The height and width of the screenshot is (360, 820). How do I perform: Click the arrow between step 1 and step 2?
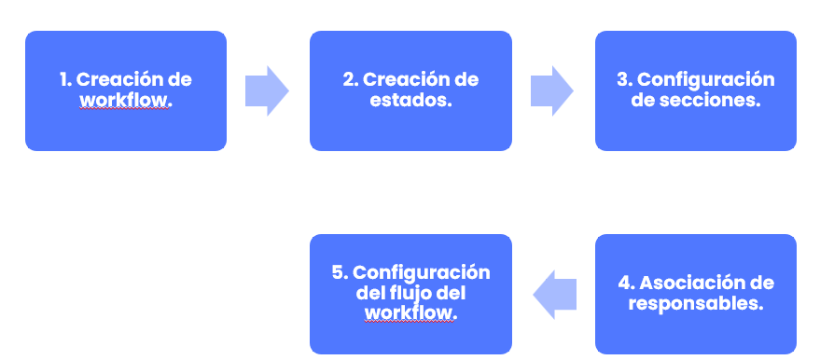tap(267, 90)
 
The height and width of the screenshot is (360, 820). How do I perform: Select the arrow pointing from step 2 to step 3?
tap(551, 90)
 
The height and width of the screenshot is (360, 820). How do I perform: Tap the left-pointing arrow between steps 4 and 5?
tap(554, 295)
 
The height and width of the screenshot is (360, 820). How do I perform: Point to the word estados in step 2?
tap(410, 100)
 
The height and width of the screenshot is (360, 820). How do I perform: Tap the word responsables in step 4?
tap(696, 303)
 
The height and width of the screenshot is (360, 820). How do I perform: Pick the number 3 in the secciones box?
tap(622, 79)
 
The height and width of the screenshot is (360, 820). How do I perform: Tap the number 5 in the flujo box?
tap(338, 272)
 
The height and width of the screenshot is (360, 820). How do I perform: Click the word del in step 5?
tap(371, 293)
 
